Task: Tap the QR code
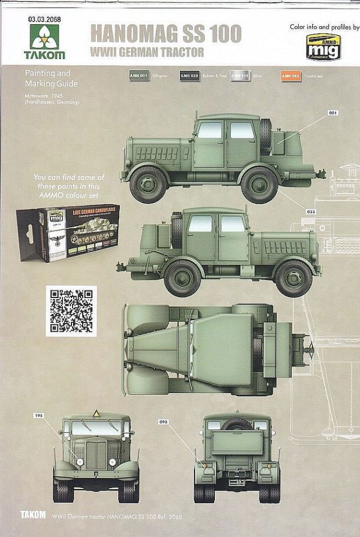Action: [71, 310]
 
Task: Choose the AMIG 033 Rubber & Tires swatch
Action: [189, 76]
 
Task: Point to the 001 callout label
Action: [333, 113]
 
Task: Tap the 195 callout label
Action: [39, 416]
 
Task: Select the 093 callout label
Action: [164, 421]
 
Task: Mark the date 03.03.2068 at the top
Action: [44, 19]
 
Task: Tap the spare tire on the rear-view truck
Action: [237, 423]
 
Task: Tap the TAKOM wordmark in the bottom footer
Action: [33, 515]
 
